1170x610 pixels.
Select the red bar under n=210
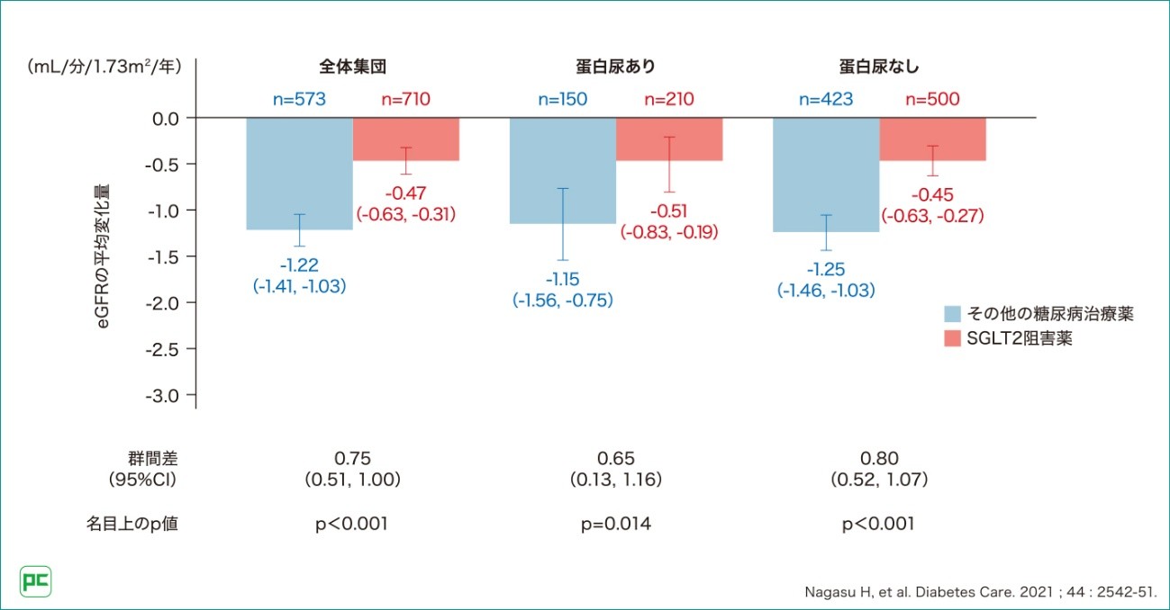[x=669, y=139]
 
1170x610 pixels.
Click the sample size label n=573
[x=299, y=99]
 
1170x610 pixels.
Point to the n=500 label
[x=932, y=99]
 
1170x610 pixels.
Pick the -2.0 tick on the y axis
[x=163, y=302]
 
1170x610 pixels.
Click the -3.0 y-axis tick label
[x=163, y=395]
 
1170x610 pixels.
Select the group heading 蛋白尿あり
[x=615, y=67]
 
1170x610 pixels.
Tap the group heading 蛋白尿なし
[x=879, y=67]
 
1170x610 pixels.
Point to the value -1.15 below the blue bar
[x=563, y=281]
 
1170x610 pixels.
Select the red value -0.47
[x=405, y=193]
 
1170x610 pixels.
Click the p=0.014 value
[x=616, y=524]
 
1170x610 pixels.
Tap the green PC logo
[x=35, y=581]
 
